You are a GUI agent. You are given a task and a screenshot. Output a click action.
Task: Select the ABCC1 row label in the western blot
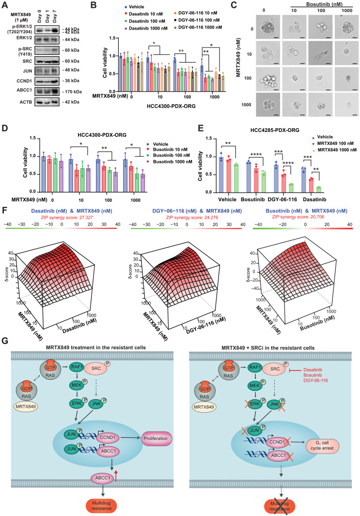tap(25, 92)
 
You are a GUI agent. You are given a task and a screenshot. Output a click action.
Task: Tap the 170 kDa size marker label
tap(72, 92)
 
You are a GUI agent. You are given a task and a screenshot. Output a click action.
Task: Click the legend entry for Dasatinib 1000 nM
tap(146, 28)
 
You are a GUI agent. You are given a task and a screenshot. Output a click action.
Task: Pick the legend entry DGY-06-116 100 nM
tap(196, 20)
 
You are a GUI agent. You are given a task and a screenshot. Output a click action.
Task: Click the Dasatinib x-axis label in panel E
tap(314, 199)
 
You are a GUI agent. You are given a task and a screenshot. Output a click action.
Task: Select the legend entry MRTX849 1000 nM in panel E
tap(335, 150)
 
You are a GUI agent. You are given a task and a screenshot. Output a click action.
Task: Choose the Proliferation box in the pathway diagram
tap(156, 438)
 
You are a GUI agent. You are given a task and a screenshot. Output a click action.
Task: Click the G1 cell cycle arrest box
tap(323, 445)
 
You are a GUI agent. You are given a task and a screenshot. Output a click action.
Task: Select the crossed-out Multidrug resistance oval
tap(280, 506)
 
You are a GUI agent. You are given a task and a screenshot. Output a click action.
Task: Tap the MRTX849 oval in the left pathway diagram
tap(25, 406)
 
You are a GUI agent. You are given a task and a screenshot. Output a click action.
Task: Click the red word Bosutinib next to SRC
tap(313, 375)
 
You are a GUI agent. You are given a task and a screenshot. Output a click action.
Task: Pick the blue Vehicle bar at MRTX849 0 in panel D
tap(44, 174)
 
